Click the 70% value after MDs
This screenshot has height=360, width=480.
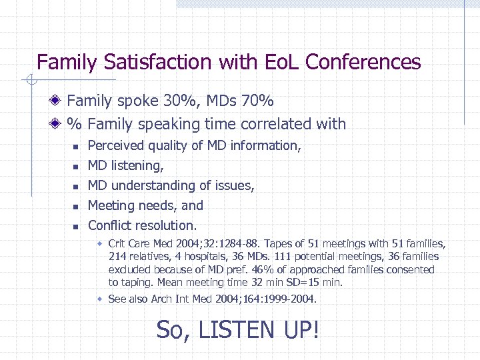(257, 101)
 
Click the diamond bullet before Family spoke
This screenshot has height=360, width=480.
(57, 101)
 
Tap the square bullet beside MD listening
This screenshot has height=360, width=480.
(77, 166)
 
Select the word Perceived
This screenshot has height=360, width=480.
(115, 145)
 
